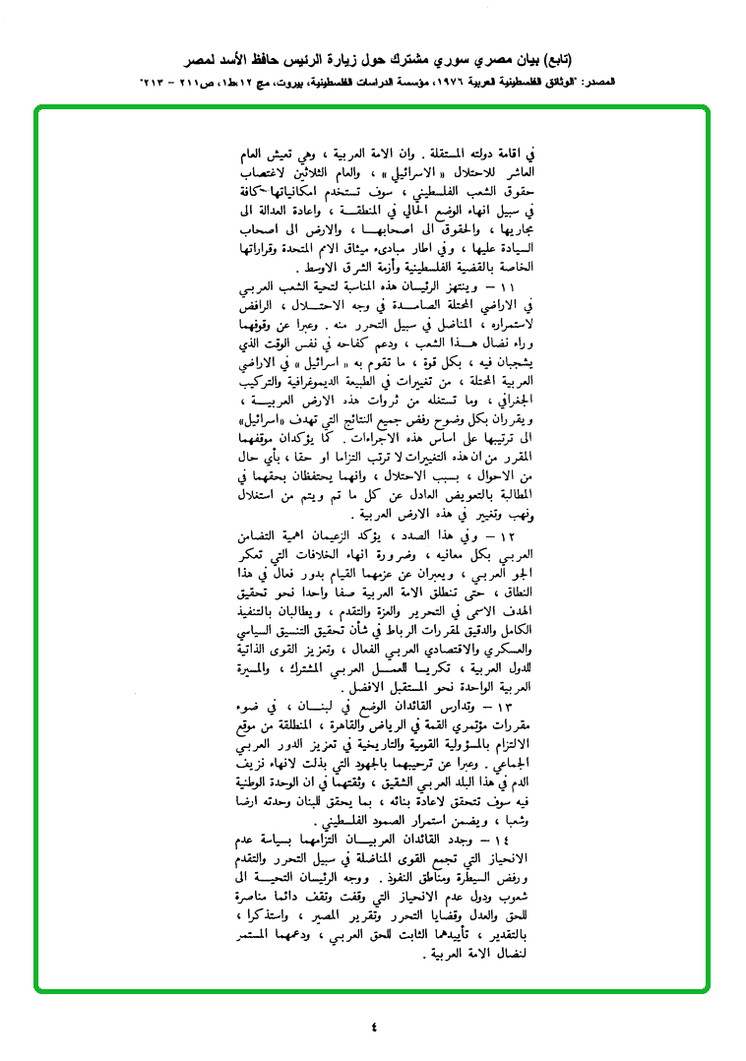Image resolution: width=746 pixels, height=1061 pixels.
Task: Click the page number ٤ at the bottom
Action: pos(374,1027)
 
